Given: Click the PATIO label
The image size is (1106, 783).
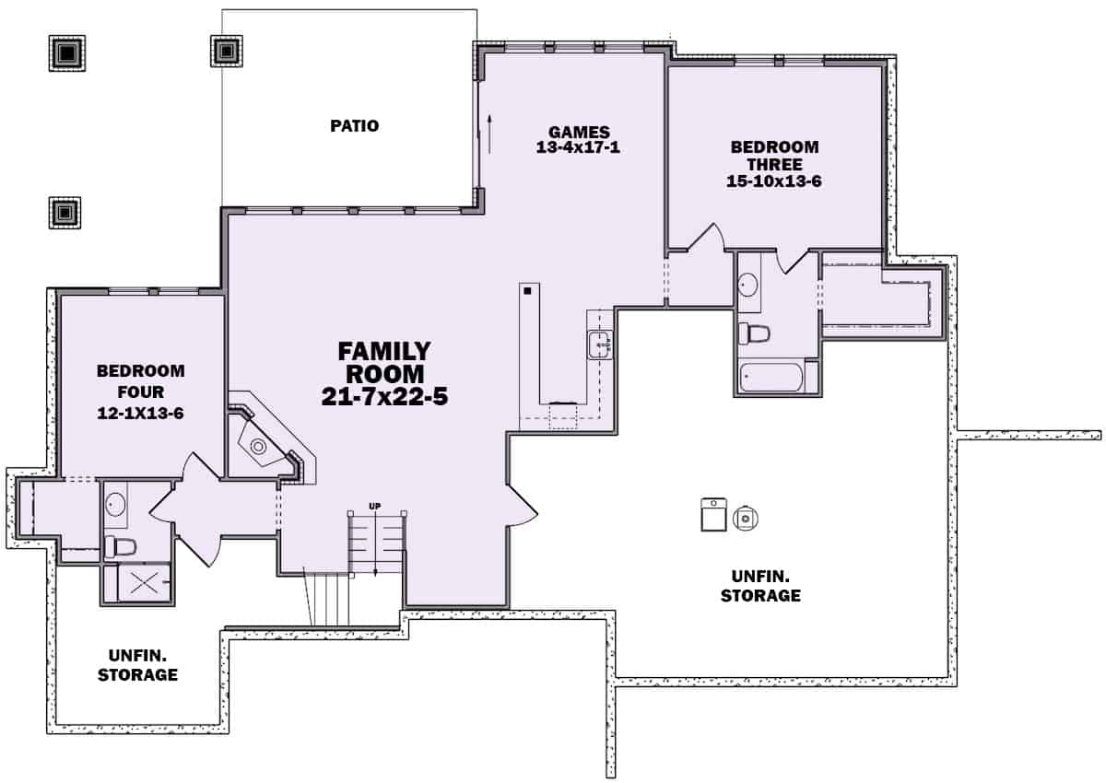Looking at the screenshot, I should click(355, 126).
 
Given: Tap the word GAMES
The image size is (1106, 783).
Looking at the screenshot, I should click(578, 132).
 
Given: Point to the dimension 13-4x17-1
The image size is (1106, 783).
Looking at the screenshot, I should click(578, 147).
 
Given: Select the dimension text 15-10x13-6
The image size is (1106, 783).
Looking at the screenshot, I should click(774, 181).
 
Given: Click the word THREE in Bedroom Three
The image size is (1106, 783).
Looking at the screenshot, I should click(774, 164).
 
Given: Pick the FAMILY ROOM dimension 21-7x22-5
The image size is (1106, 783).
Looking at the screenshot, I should click(384, 399).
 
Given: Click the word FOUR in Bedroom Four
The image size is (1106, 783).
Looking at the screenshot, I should click(141, 391).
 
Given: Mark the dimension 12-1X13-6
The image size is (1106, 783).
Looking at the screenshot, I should click(141, 414).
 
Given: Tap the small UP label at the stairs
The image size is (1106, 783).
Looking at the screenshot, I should click(375, 506).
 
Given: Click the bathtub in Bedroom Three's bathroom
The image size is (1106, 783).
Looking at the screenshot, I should click(772, 377).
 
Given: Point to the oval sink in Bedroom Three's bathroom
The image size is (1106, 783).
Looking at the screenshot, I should click(748, 284).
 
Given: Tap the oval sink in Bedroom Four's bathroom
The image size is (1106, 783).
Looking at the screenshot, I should click(115, 504).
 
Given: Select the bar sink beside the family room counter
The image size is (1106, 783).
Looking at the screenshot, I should click(600, 345).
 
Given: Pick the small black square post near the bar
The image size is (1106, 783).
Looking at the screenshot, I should click(527, 292).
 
